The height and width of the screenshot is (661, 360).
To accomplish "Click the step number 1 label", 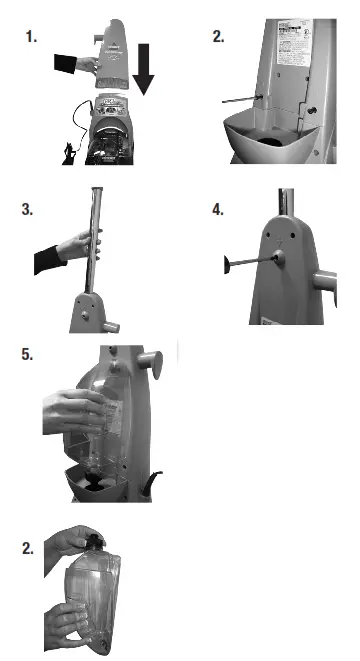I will pos(30,37).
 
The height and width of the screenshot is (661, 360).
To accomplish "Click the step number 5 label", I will pos(28,353).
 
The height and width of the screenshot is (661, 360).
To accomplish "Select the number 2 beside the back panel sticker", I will pos(218,37).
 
